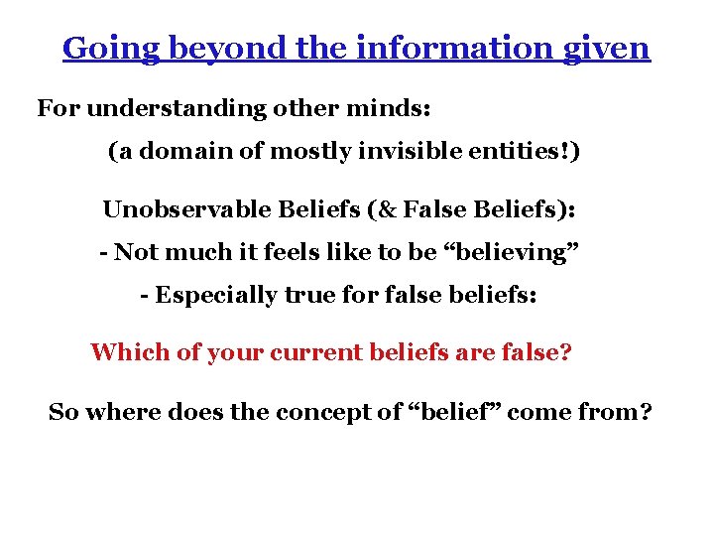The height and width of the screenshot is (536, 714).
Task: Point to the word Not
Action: click(x=134, y=252)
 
